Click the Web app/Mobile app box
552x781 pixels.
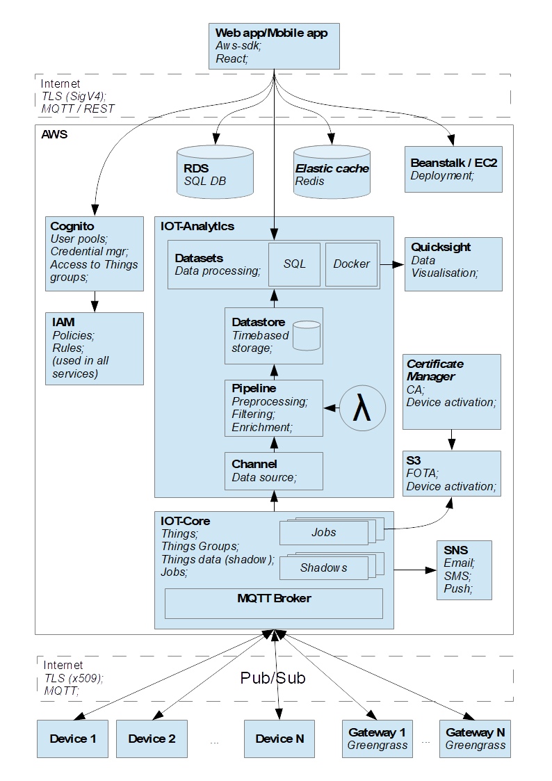coord(274,46)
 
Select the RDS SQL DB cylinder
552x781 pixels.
coord(215,172)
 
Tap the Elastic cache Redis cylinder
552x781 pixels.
coord(332,172)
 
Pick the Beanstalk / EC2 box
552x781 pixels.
coord(453,170)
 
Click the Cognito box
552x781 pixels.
coord(95,254)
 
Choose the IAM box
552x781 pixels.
coord(95,348)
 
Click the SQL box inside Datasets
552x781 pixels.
coord(295,264)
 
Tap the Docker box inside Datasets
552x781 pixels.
coord(351,264)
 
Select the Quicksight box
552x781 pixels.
coord(453,264)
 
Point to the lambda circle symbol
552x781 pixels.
coord(362,408)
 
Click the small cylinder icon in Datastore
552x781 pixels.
coord(307,335)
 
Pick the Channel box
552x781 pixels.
coord(274,472)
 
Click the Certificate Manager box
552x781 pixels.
coord(452,392)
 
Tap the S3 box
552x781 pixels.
coord(452,474)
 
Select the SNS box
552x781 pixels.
coord(464,570)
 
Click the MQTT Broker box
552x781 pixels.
coord(274,604)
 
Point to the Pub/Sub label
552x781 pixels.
coord(273,678)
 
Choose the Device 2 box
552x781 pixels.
coord(152,739)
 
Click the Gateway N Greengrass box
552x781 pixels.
coord(475,739)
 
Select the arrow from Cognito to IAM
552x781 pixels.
coord(95,302)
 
